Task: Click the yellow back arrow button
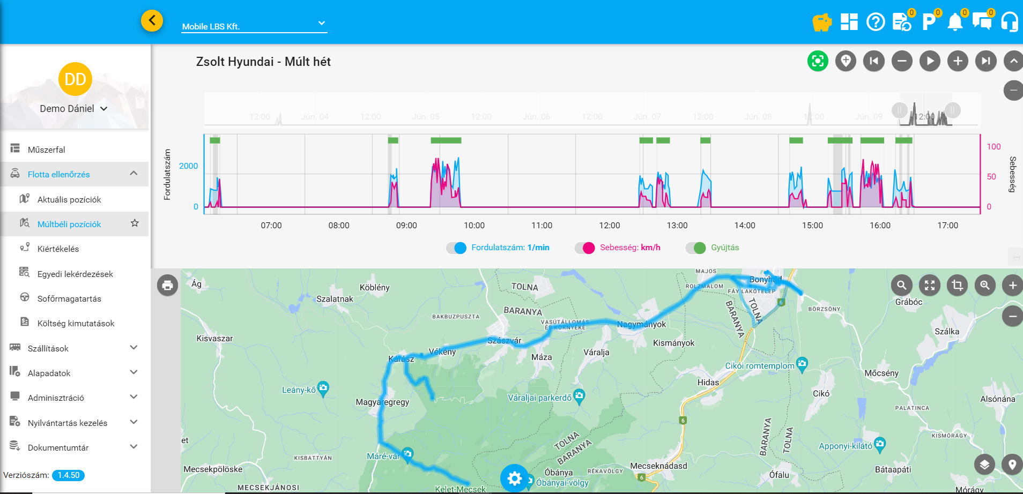coord(152,21)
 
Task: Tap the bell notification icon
coord(955,22)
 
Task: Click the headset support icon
coord(1009,22)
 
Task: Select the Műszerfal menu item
coord(47,149)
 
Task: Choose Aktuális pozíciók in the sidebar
coord(69,199)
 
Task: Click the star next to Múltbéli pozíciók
coord(135,223)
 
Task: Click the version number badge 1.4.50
coord(69,475)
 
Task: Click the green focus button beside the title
coord(818,61)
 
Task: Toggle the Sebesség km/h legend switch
coord(584,248)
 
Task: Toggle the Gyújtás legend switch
coord(695,248)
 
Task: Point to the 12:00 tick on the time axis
coord(610,226)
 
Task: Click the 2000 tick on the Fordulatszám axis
coord(188,166)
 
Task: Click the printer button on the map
coord(168,285)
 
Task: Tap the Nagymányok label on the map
coord(641,324)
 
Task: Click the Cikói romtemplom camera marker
coord(802,364)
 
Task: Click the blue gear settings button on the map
coord(514,478)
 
